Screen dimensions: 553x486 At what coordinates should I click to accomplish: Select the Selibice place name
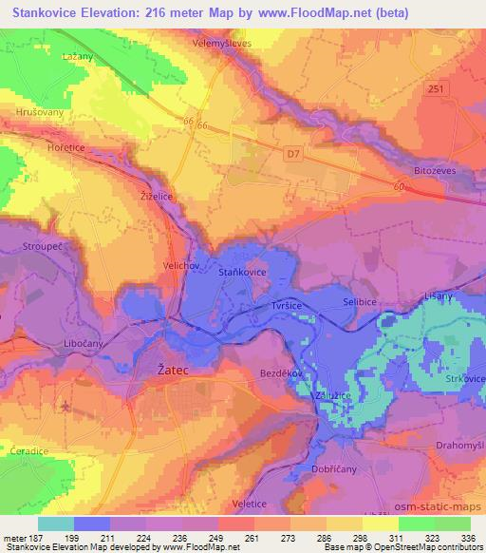[361, 303]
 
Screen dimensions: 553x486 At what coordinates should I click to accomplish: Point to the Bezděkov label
[281, 374]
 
